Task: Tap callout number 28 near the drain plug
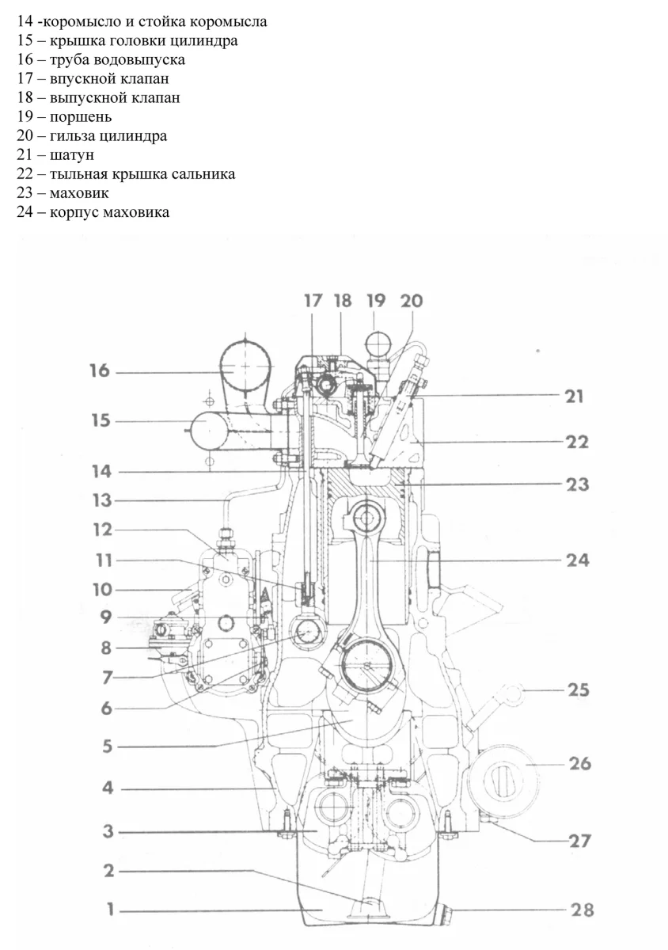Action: [x=582, y=910]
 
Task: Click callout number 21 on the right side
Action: [x=572, y=396]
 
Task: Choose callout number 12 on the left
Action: [x=103, y=530]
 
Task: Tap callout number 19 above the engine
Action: [x=376, y=301]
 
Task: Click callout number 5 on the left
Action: [x=107, y=746]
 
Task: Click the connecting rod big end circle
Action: [x=369, y=663]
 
